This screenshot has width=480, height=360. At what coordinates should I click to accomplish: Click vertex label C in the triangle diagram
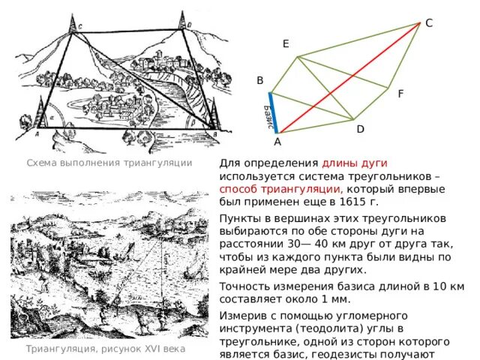point(428,23)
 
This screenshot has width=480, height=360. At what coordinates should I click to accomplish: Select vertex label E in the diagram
point(286,44)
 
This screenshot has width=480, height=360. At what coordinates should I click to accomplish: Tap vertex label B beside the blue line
point(259,80)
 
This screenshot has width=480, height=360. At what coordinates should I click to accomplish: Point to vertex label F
point(400,94)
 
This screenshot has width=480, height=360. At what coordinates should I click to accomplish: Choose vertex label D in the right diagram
point(360,129)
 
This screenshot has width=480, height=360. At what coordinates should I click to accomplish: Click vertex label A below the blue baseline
point(277,142)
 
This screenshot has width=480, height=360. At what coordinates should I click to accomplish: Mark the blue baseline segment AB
point(273,112)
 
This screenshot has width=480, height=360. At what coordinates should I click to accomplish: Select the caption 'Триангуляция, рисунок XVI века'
point(105,349)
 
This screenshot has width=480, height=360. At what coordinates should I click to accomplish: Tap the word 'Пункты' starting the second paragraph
point(239,216)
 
